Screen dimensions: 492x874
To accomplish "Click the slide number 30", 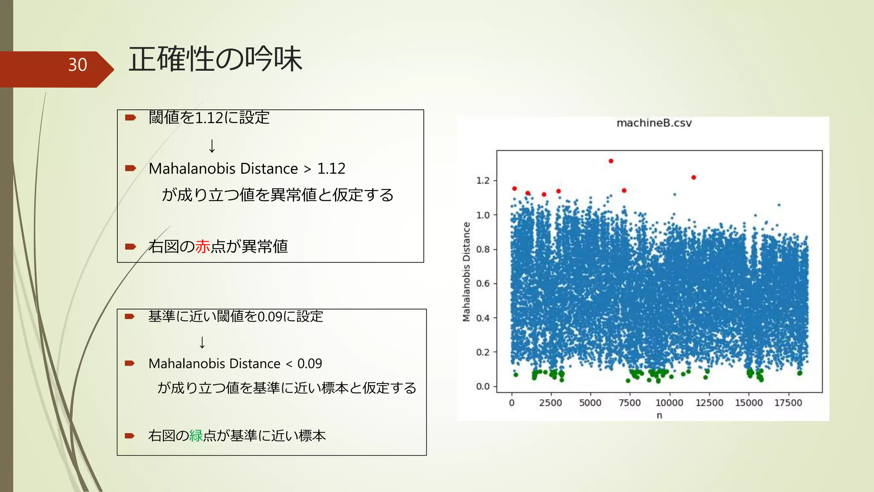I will [x=77, y=65].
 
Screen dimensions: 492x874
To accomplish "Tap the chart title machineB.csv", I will [x=654, y=123].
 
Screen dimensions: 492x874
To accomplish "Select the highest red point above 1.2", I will [x=611, y=161].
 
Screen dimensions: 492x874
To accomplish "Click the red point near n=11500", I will [x=693, y=177].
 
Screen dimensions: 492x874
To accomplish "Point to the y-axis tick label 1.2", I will [x=483, y=181].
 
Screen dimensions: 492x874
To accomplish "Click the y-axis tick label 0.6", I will [x=483, y=284].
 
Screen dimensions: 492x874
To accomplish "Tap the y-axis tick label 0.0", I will [x=483, y=387].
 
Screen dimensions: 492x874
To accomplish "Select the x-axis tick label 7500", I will [x=629, y=403].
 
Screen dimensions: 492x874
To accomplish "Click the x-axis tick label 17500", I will [x=788, y=403].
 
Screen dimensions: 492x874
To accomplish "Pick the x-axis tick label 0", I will [x=512, y=403].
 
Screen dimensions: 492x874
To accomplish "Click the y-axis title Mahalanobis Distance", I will [x=466, y=272].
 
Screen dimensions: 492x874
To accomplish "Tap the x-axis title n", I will [x=659, y=415].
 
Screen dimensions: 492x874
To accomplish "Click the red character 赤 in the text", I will [x=203, y=246].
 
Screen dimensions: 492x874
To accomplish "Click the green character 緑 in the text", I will [x=196, y=436].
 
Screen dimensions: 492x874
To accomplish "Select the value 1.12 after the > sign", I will [x=331, y=169].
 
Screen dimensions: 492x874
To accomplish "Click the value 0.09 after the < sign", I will [x=309, y=363].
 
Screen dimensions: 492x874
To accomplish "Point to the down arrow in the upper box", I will [x=212, y=146].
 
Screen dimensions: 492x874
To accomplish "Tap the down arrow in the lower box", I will [x=202, y=342].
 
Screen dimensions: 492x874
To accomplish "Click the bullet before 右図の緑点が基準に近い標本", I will [x=130, y=436].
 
